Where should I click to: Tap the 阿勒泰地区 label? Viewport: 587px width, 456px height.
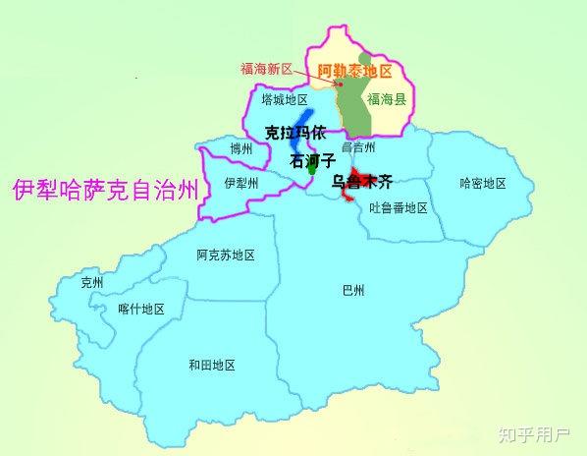[354, 71]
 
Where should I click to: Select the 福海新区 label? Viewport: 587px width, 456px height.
[267, 70]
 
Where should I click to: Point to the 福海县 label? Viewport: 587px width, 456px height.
[385, 99]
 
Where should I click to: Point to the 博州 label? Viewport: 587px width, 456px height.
[240, 149]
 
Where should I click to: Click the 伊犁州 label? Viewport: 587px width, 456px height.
[240, 184]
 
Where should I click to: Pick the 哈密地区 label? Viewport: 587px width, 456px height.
[482, 184]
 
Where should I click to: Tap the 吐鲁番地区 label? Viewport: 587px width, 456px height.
[399, 207]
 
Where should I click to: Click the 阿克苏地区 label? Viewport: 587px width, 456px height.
[225, 255]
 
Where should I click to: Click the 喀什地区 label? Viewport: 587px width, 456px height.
[140, 309]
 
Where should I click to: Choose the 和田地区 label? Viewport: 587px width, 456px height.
[212, 365]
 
